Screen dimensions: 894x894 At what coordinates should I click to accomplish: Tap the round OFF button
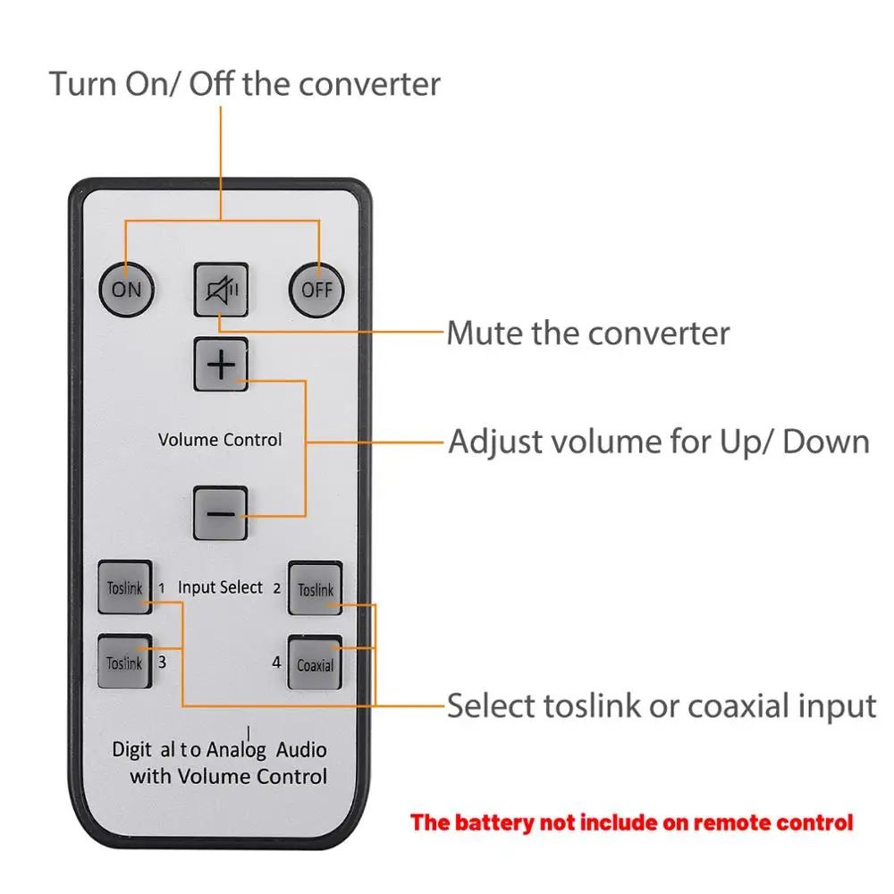click(316, 290)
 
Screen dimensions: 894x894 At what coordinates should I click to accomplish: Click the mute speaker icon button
click(221, 289)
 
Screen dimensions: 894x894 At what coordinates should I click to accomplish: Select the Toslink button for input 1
click(125, 587)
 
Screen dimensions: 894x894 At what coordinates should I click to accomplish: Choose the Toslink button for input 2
click(316, 588)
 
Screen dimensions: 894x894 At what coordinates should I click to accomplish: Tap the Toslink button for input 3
click(125, 662)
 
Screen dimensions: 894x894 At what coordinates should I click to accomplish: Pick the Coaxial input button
click(316, 662)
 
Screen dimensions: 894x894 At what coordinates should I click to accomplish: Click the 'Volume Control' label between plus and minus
click(220, 440)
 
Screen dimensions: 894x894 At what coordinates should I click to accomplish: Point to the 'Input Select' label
click(220, 587)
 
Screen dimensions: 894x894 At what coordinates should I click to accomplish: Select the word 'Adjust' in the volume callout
click(495, 443)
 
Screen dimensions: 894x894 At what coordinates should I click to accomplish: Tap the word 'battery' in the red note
click(494, 822)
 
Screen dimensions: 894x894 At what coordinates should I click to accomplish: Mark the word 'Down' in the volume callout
click(826, 442)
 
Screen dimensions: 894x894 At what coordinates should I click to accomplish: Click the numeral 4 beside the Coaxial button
click(276, 662)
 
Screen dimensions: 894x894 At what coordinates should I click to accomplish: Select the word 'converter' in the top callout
click(369, 85)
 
